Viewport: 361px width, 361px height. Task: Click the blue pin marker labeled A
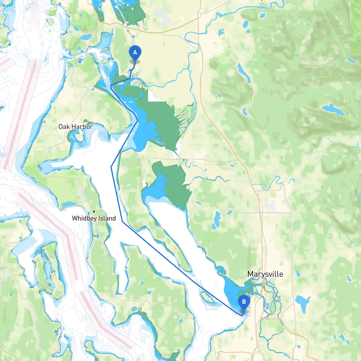(x=135, y=53)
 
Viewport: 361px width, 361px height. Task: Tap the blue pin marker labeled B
(x=244, y=302)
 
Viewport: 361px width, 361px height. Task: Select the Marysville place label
(x=265, y=274)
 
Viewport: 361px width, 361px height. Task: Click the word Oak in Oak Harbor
(x=64, y=127)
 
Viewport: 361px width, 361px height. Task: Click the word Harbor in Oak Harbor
(x=82, y=127)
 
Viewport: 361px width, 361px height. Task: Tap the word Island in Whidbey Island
(x=107, y=218)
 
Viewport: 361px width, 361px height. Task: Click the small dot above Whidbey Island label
(x=94, y=212)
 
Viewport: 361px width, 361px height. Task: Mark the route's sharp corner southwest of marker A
(x=111, y=85)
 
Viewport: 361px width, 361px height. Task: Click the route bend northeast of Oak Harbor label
(x=137, y=121)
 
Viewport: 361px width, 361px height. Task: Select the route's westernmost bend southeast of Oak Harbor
(x=111, y=167)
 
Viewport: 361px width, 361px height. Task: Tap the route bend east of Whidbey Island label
(x=122, y=222)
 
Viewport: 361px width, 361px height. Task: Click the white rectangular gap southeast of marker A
(x=154, y=96)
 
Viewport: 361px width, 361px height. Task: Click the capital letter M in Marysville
(x=250, y=274)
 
